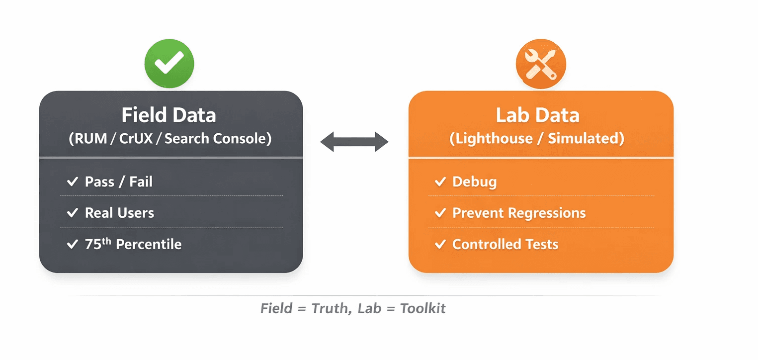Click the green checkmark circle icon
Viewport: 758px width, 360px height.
click(x=169, y=64)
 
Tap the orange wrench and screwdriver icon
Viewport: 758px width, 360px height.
click(x=541, y=64)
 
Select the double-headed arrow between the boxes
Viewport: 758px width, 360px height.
click(x=354, y=142)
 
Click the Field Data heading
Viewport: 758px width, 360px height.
click(x=169, y=115)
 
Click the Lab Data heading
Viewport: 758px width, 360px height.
click(x=537, y=115)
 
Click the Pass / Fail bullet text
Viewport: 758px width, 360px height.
click(x=119, y=182)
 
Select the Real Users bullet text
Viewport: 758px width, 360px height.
click(x=119, y=213)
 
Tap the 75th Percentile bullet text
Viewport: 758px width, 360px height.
click(x=133, y=244)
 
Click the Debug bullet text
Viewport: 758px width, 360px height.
click(x=474, y=182)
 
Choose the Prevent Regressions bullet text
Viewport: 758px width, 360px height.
click(x=519, y=213)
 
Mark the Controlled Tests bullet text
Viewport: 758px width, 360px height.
click(x=505, y=244)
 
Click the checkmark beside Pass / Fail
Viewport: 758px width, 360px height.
click(x=73, y=182)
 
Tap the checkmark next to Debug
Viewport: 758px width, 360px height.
click(x=440, y=182)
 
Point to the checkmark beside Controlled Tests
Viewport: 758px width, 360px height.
click(x=440, y=244)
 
